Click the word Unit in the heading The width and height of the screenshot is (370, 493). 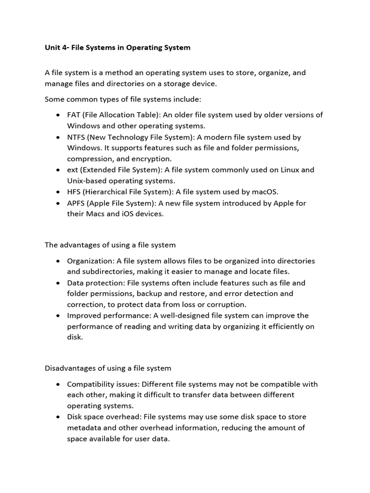pyautogui.click(x=53, y=48)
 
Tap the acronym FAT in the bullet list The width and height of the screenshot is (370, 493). pyautogui.click(x=74, y=115)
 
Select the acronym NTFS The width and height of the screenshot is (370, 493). pyautogui.click(x=76, y=137)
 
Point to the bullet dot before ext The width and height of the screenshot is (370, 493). pyautogui.click(x=57, y=170)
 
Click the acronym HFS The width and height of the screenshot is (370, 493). pyautogui.click(x=74, y=192)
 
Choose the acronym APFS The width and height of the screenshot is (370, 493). pyautogui.click(x=76, y=203)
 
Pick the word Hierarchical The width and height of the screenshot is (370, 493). pyautogui.click(x=110, y=192)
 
